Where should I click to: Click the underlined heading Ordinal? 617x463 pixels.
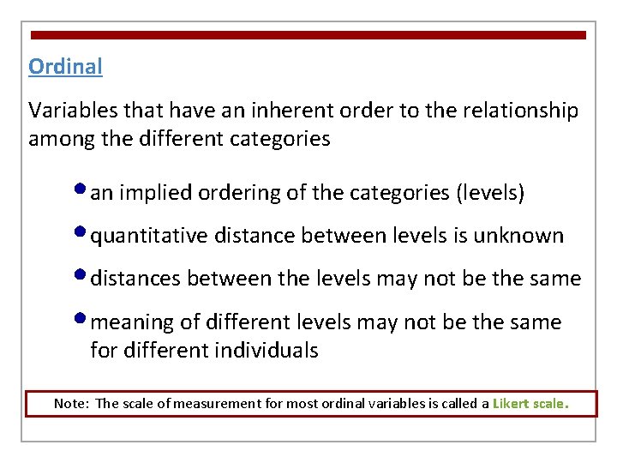(x=65, y=66)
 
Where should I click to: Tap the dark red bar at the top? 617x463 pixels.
(x=308, y=35)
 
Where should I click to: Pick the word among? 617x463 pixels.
(x=60, y=139)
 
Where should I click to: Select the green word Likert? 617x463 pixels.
(x=512, y=403)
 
